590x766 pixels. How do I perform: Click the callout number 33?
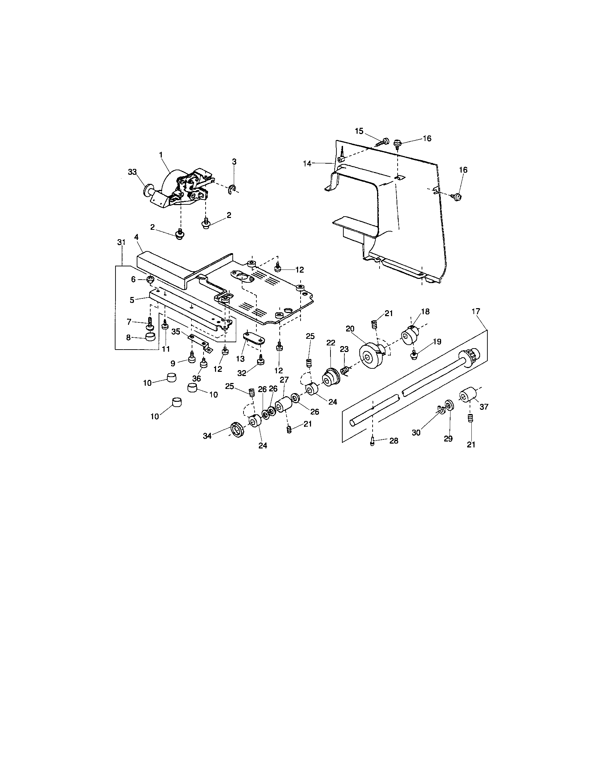click(x=132, y=172)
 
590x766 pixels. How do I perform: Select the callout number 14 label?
click(x=307, y=163)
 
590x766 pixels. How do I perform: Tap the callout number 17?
click(x=476, y=311)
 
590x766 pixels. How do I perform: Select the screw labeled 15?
click(x=384, y=142)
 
